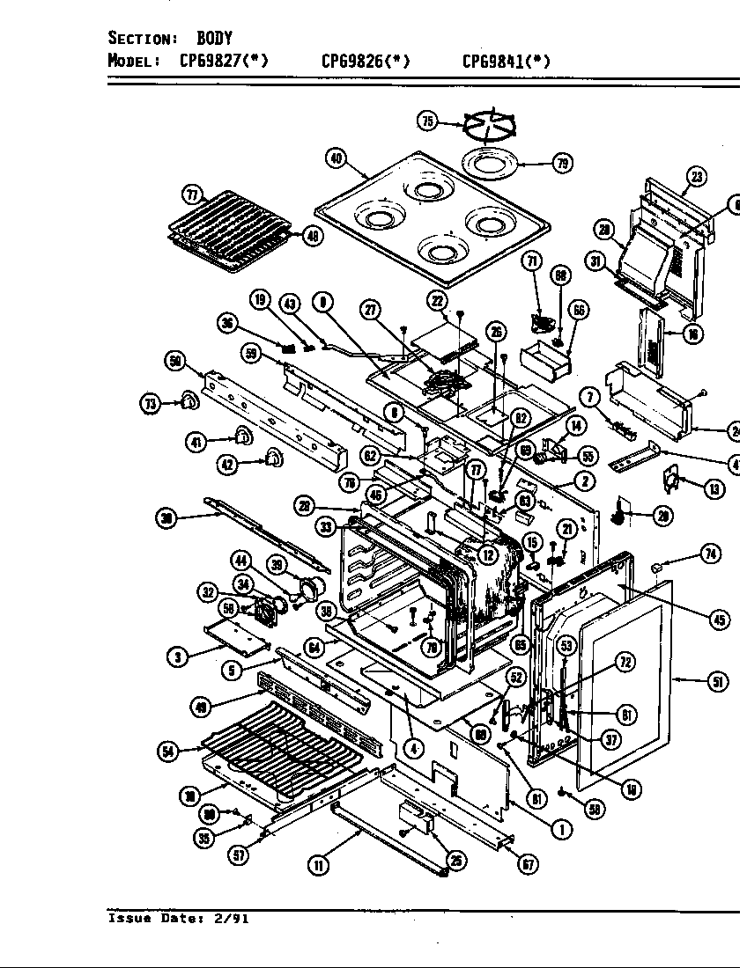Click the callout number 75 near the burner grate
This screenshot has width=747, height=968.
point(427,121)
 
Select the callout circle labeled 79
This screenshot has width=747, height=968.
point(561,162)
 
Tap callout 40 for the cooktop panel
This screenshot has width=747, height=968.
point(335,158)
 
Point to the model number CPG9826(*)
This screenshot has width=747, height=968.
point(366,61)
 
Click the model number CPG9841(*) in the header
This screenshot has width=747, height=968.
point(507,61)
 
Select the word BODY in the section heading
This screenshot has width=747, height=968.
point(214,38)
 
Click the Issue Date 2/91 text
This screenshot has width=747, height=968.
point(178,918)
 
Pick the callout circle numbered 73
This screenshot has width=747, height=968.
point(152,403)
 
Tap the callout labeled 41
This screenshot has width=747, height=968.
point(196,442)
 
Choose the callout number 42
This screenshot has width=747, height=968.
point(228,465)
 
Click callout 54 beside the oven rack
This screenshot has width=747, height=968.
point(167,751)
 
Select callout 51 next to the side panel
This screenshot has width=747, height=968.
point(718,681)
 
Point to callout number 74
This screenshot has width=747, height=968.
point(710,553)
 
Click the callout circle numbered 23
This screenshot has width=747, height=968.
point(697,176)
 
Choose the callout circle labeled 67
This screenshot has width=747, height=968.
point(526,864)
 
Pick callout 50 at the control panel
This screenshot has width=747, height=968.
point(174,361)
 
